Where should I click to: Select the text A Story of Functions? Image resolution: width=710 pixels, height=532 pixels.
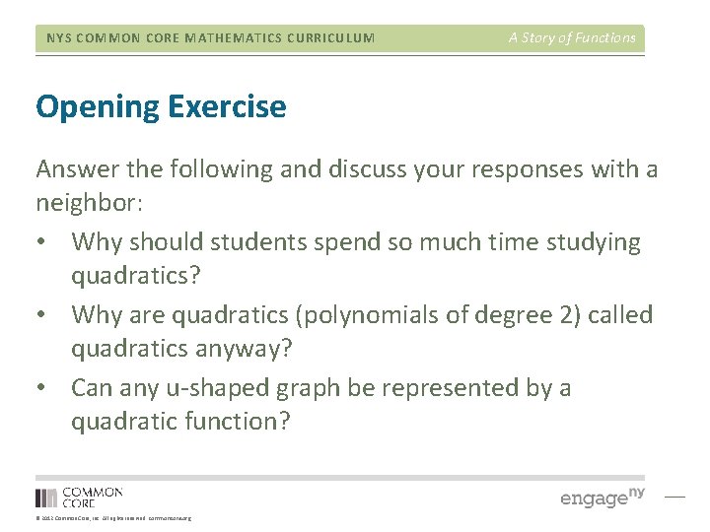click(572, 38)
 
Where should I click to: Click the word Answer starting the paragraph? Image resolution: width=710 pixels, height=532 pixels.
click(74, 169)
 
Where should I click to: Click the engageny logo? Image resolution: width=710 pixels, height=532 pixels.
click(602, 498)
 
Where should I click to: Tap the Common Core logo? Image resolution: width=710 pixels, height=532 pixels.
click(79, 498)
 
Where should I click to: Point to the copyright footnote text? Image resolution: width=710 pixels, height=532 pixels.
click(113, 518)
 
